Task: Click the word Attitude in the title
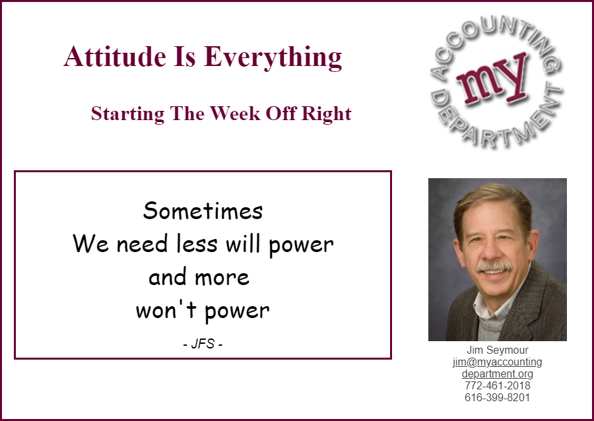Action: pos(115,56)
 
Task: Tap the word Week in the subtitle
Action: pos(235,113)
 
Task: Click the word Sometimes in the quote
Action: pos(203,210)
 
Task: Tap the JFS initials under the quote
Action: pos(203,344)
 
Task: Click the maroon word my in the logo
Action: pos(492,79)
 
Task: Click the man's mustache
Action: pos(494,267)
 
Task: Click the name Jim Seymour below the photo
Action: pos(498,350)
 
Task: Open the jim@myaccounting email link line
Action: pos(498,362)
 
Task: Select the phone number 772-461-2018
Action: pos(498,386)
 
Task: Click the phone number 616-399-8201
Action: pos(498,397)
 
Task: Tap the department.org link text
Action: pos(498,374)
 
